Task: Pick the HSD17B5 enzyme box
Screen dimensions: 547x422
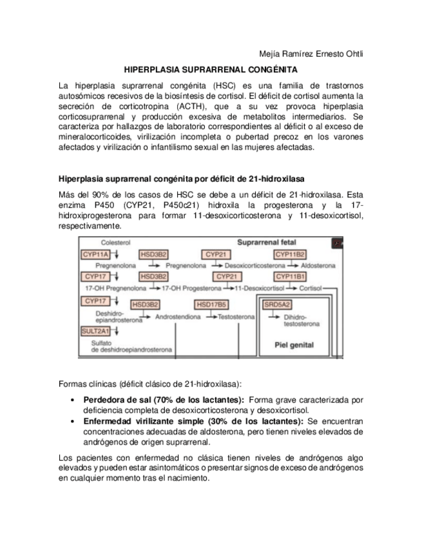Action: pos(211,304)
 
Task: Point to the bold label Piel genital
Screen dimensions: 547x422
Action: pos(294,345)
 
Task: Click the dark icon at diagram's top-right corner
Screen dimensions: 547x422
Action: pos(337,244)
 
